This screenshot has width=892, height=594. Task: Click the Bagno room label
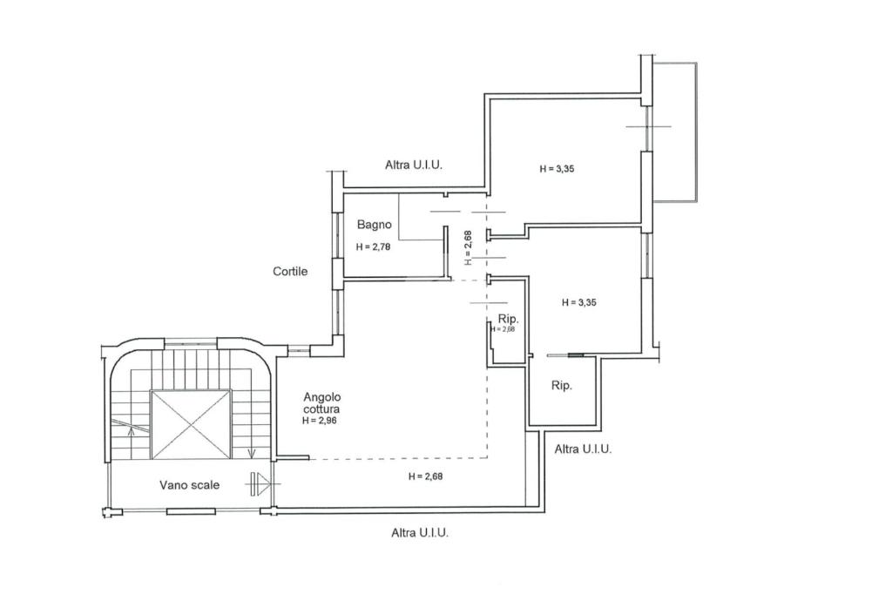click(x=375, y=225)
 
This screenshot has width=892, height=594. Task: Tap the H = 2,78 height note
click(x=373, y=247)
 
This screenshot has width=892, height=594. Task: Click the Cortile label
click(x=290, y=272)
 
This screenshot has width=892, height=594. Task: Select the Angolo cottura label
click(x=322, y=403)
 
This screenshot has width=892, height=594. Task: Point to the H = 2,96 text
click(x=319, y=421)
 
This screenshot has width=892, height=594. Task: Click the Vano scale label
click(x=189, y=485)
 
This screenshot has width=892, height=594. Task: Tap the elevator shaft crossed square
click(x=191, y=424)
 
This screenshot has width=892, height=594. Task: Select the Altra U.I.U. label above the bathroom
click(x=414, y=165)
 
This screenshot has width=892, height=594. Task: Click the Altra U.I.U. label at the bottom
click(x=420, y=533)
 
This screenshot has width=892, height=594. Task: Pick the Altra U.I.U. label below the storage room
click(x=583, y=449)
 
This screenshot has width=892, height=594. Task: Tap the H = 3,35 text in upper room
click(x=557, y=168)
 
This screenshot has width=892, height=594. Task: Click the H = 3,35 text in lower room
click(x=579, y=303)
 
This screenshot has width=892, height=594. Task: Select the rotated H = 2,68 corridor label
click(x=468, y=247)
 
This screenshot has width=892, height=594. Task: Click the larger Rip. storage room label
click(x=562, y=386)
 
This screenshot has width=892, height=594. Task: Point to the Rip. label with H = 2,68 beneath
click(x=508, y=319)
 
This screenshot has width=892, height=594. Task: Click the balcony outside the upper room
click(x=675, y=132)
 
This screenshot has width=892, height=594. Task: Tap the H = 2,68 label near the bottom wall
click(x=425, y=476)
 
